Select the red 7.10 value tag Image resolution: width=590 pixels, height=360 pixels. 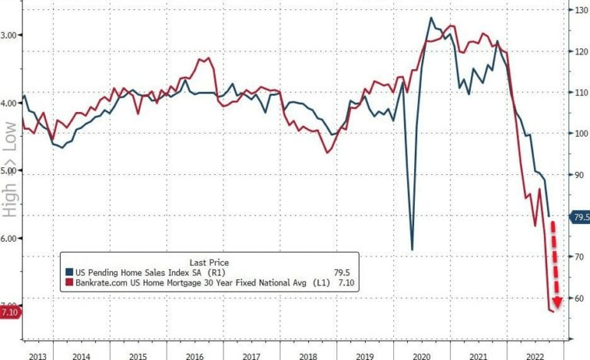click(x=11, y=312)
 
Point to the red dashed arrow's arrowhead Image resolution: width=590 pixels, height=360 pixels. click(x=557, y=302)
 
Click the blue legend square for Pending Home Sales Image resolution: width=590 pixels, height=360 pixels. click(x=70, y=272)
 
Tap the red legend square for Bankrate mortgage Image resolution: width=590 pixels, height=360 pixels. click(x=70, y=283)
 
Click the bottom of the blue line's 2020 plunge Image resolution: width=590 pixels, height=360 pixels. click(x=412, y=249)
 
